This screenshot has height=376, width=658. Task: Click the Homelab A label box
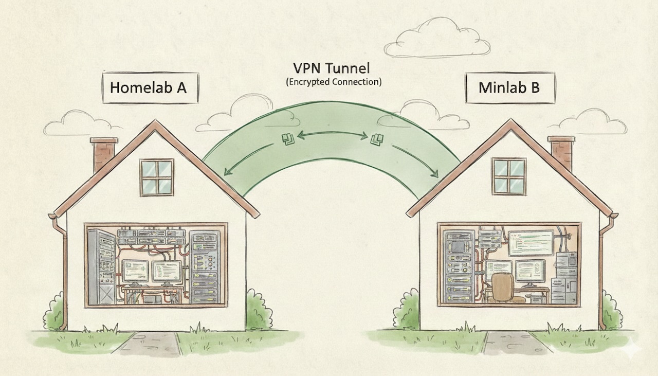(x=148, y=88)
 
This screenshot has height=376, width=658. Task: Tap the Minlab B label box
(x=509, y=88)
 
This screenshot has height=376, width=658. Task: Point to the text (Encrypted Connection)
(x=333, y=81)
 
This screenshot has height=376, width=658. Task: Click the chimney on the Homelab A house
(x=103, y=153)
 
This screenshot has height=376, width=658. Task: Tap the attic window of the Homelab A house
(x=157, y=177)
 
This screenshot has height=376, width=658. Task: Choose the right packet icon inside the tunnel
(x=377, y=138)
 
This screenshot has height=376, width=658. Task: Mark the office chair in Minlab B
(x=504, y=288)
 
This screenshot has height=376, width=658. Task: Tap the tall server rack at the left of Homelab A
(x=102, y=267)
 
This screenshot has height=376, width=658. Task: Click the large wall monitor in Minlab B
(x=530, y=242)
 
